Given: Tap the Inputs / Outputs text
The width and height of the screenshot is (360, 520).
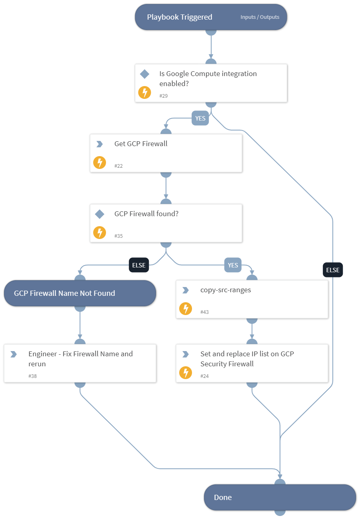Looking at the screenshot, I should click(x=260, y=17).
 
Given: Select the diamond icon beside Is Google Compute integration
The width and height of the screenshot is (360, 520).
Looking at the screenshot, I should click(x=144, y=74).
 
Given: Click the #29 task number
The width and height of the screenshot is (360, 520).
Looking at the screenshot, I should click(x=164, y=96).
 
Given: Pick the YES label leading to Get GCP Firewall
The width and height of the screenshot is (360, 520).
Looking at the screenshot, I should click(x=200, y=118).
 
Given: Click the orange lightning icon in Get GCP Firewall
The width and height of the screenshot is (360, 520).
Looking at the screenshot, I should click(x=100, y=163).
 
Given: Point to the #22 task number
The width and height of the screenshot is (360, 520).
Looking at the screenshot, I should click(x=118, y=166).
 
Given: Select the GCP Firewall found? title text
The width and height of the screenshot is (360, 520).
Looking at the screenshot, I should click(x=146, y=214).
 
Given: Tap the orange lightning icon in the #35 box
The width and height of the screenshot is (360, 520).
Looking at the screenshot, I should click(x=100, y=233).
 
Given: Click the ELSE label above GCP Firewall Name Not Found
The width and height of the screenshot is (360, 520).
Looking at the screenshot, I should click(x=139, y=265).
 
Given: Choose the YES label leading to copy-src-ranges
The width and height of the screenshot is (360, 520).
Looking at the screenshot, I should click(x=233, y=265).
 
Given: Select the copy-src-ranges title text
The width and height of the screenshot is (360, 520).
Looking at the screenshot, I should click(x=226, y=290).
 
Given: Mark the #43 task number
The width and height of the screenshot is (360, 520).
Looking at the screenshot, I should click(x=204, y=312).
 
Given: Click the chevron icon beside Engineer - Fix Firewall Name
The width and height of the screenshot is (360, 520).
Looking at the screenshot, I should click(x=14, y=354).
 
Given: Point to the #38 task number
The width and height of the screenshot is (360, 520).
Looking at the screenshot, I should click(x=32, y=376).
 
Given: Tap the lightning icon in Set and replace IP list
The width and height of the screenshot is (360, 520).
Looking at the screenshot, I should click(x=186, y=373).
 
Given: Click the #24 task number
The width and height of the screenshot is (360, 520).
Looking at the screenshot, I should click(x=204, y=376).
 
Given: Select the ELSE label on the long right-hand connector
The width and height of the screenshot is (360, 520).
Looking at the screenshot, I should click(x=333, y=270).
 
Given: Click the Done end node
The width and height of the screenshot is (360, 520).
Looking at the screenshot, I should click(x=280, y=497).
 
